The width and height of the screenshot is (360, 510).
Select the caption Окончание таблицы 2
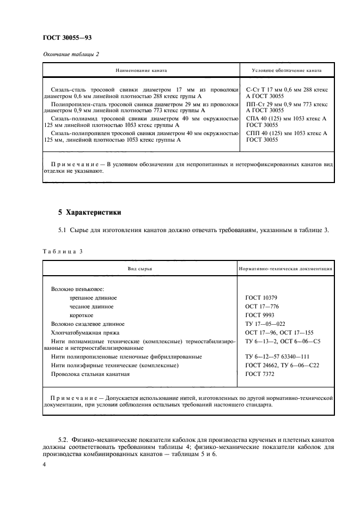(x=70, y=53)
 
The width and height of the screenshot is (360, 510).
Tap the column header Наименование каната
(x=141, y=71)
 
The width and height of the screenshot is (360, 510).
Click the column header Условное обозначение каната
(x=287, y=71)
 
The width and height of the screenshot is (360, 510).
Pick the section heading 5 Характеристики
(x=90, y=212)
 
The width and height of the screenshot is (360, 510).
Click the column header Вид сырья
(x=141, y=269)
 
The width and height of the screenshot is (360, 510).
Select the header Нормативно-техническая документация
(x=286, y=269)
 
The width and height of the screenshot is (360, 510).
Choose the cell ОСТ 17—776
(x=262, y=307)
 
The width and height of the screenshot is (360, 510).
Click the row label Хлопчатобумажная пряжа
(x=85, y=332)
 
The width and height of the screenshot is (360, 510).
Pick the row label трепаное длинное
(x=93, y=298)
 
